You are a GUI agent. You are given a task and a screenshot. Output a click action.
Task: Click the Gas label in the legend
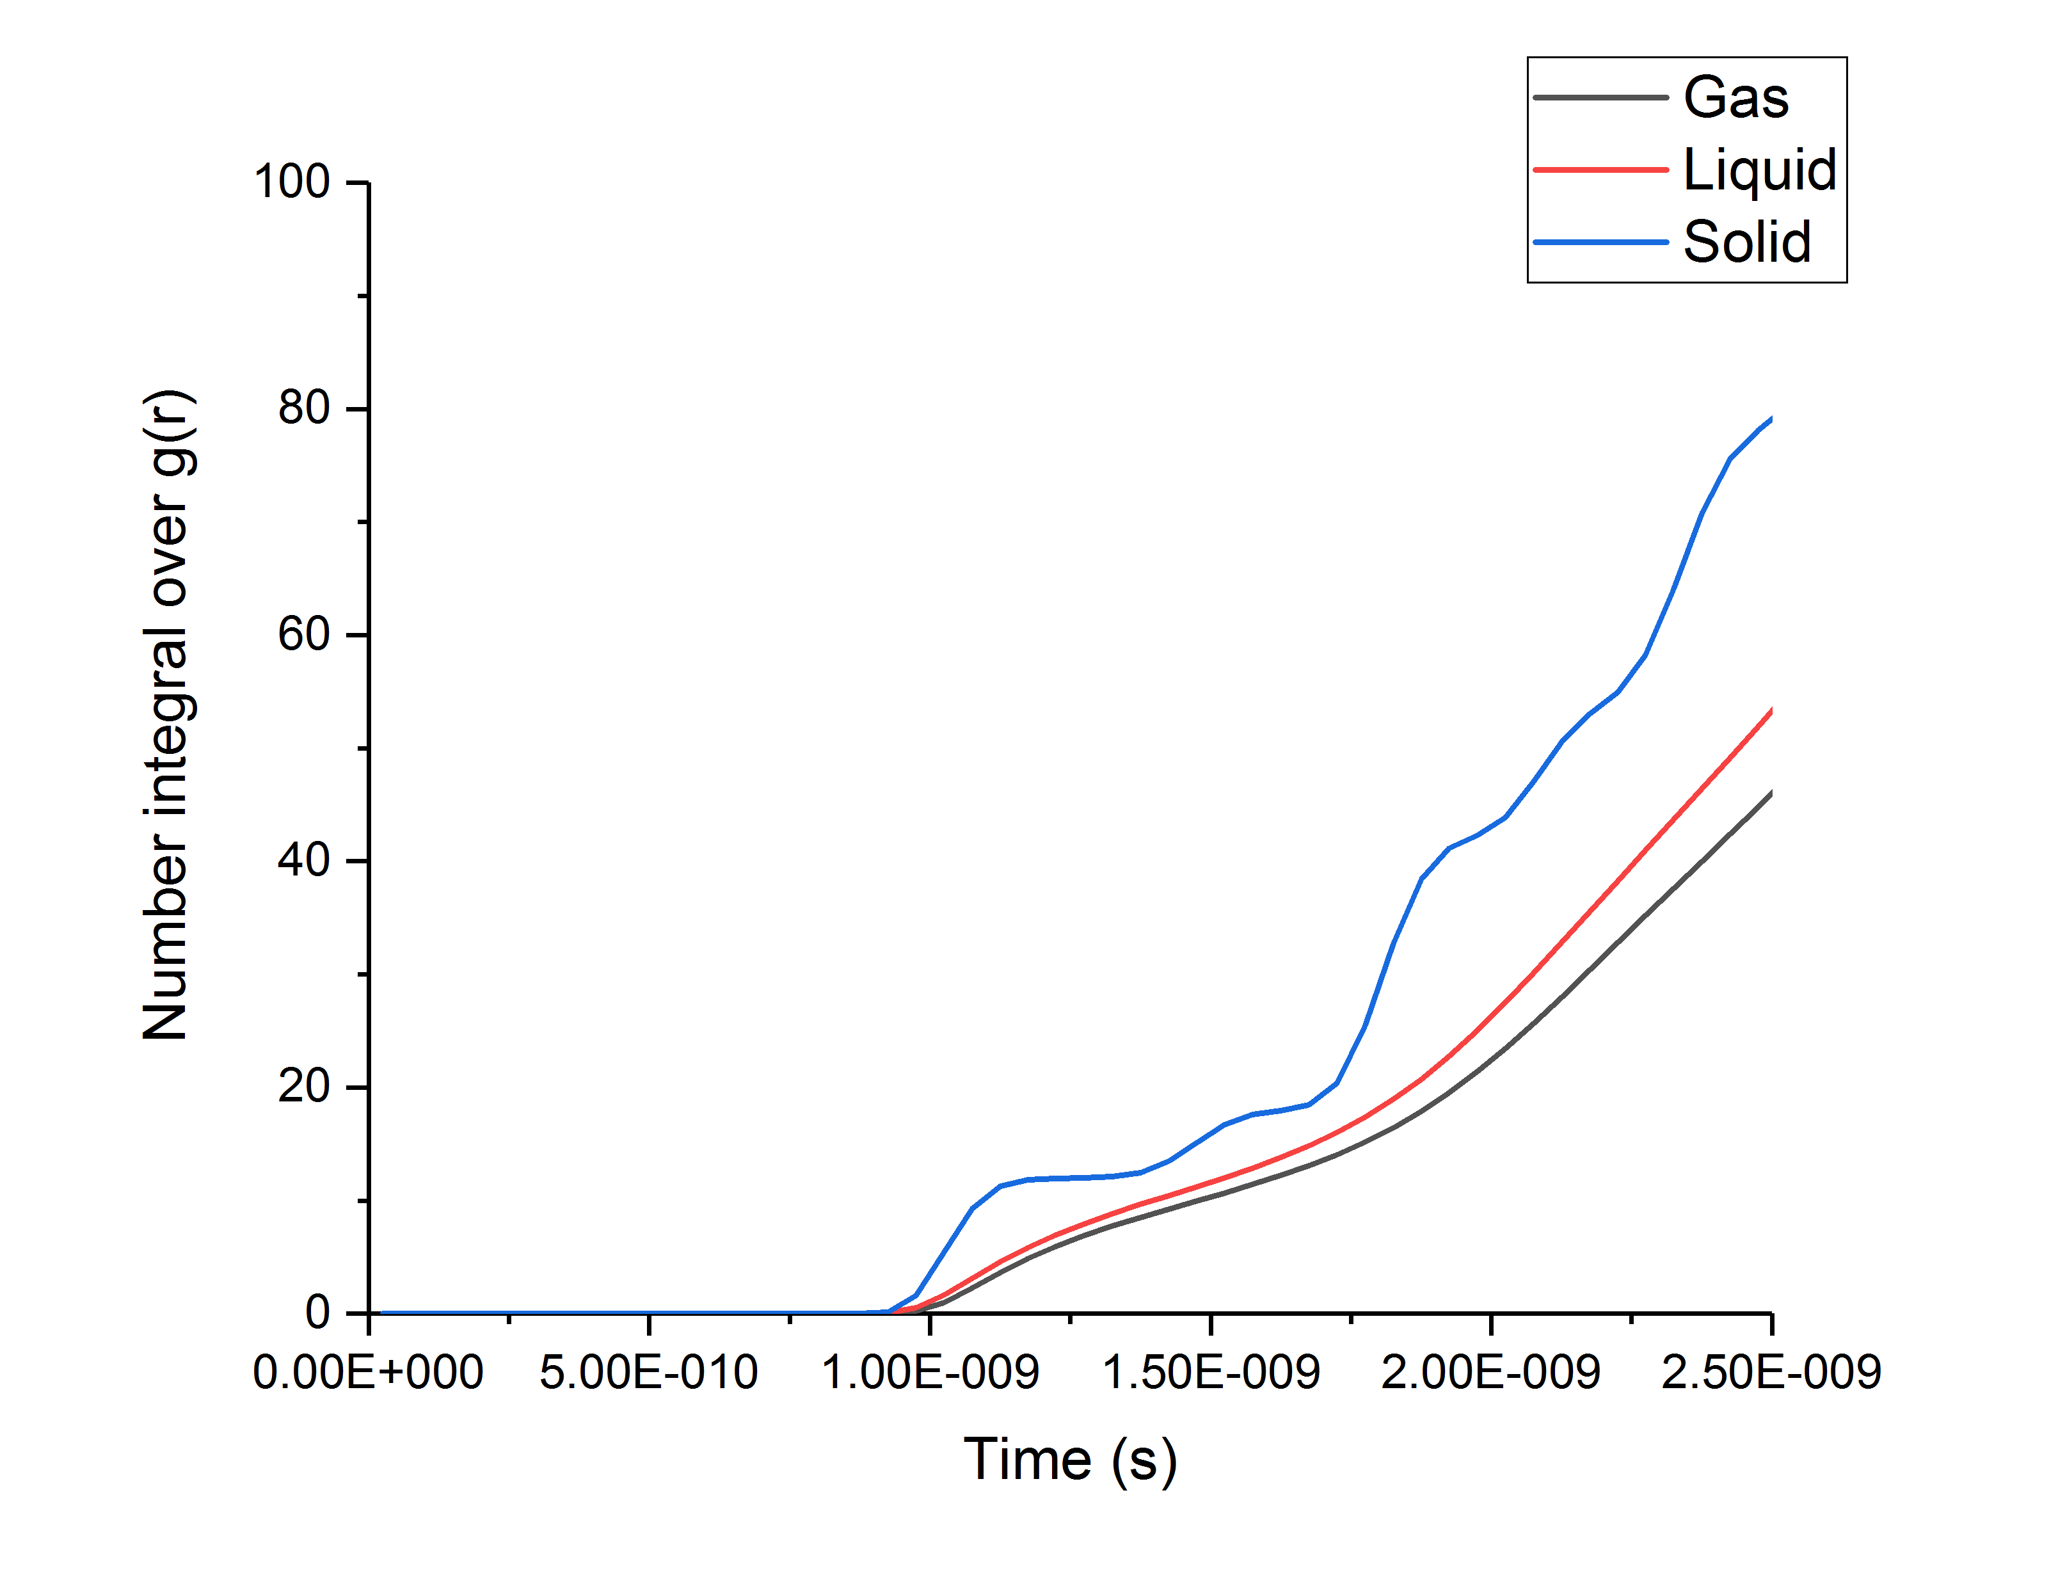tap(1735, 97)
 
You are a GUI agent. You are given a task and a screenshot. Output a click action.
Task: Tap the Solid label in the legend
tap(1747, 242)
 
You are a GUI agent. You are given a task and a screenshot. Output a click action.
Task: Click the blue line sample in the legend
tap(1600, 242)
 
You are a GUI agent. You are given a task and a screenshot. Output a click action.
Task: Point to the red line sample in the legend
tap(1600, 170)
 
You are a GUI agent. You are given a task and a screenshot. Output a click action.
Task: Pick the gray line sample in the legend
tap(1600, 97)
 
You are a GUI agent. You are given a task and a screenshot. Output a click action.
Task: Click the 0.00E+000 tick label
tap(369, 1373)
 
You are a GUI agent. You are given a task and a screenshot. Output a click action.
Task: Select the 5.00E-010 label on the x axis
tap(648, 1373)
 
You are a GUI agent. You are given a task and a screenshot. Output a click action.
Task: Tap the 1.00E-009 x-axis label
tap(930, 1373)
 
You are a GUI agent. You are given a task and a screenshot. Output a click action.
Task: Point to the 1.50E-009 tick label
tap(1211, 1373)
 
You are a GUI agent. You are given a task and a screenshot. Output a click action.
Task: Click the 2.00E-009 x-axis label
tap(1491, 1373)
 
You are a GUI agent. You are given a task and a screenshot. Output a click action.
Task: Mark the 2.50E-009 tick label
tap(1771, 1373)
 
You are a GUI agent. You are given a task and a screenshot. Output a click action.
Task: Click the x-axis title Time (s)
tap(1070, 1460)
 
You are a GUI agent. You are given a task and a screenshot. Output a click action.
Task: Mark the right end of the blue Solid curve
tap(1770, 419)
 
